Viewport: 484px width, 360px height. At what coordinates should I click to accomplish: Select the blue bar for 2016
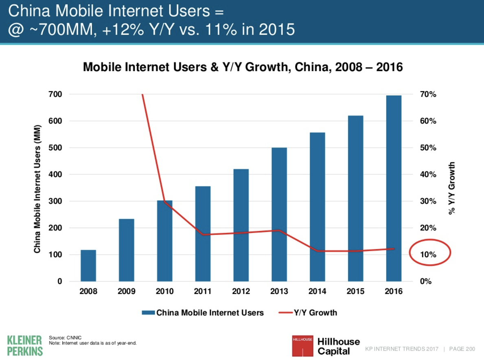click(394, 188)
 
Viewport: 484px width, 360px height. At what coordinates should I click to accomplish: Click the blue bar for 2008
click(88, 266)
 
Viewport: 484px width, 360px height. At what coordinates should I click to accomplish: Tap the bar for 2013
click(279, 214)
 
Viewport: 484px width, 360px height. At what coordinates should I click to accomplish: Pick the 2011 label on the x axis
click(203, 292)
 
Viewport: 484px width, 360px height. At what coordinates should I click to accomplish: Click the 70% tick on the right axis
click(428, 94)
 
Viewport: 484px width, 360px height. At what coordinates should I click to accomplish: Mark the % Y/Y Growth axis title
click(452, 188)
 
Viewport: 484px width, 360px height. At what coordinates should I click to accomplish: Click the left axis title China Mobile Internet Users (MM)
click(37, 188)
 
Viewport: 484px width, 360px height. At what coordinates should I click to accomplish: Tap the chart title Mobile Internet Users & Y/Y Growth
click(243, 67)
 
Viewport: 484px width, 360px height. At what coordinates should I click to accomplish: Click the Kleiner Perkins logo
click(25, 345)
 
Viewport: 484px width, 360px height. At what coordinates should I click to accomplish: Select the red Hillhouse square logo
click(302, 346)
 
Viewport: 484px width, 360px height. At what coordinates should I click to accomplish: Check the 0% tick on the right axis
click(425, 281)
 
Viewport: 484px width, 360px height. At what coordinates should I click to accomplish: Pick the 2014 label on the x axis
click(317, 292)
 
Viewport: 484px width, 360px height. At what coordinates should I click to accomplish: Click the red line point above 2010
click(164, 202)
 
